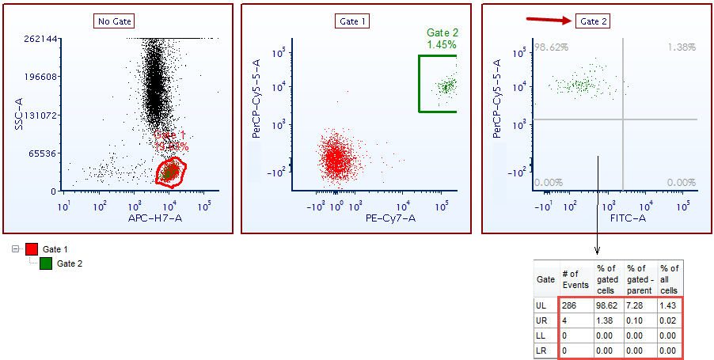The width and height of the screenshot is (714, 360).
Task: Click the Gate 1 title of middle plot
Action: (354, 21)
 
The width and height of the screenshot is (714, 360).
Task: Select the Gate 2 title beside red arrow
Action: (594, 21)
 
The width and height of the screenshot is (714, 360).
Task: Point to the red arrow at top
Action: (549, 21)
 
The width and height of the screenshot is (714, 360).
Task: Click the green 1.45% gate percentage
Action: (442, 45)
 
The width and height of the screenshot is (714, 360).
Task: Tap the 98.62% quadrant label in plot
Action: (550, 47)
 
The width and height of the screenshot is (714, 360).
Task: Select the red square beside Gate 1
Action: (32, 249)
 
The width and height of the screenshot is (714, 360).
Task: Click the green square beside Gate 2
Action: (47, 263)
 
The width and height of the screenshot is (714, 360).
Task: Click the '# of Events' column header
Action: (575, 279)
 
